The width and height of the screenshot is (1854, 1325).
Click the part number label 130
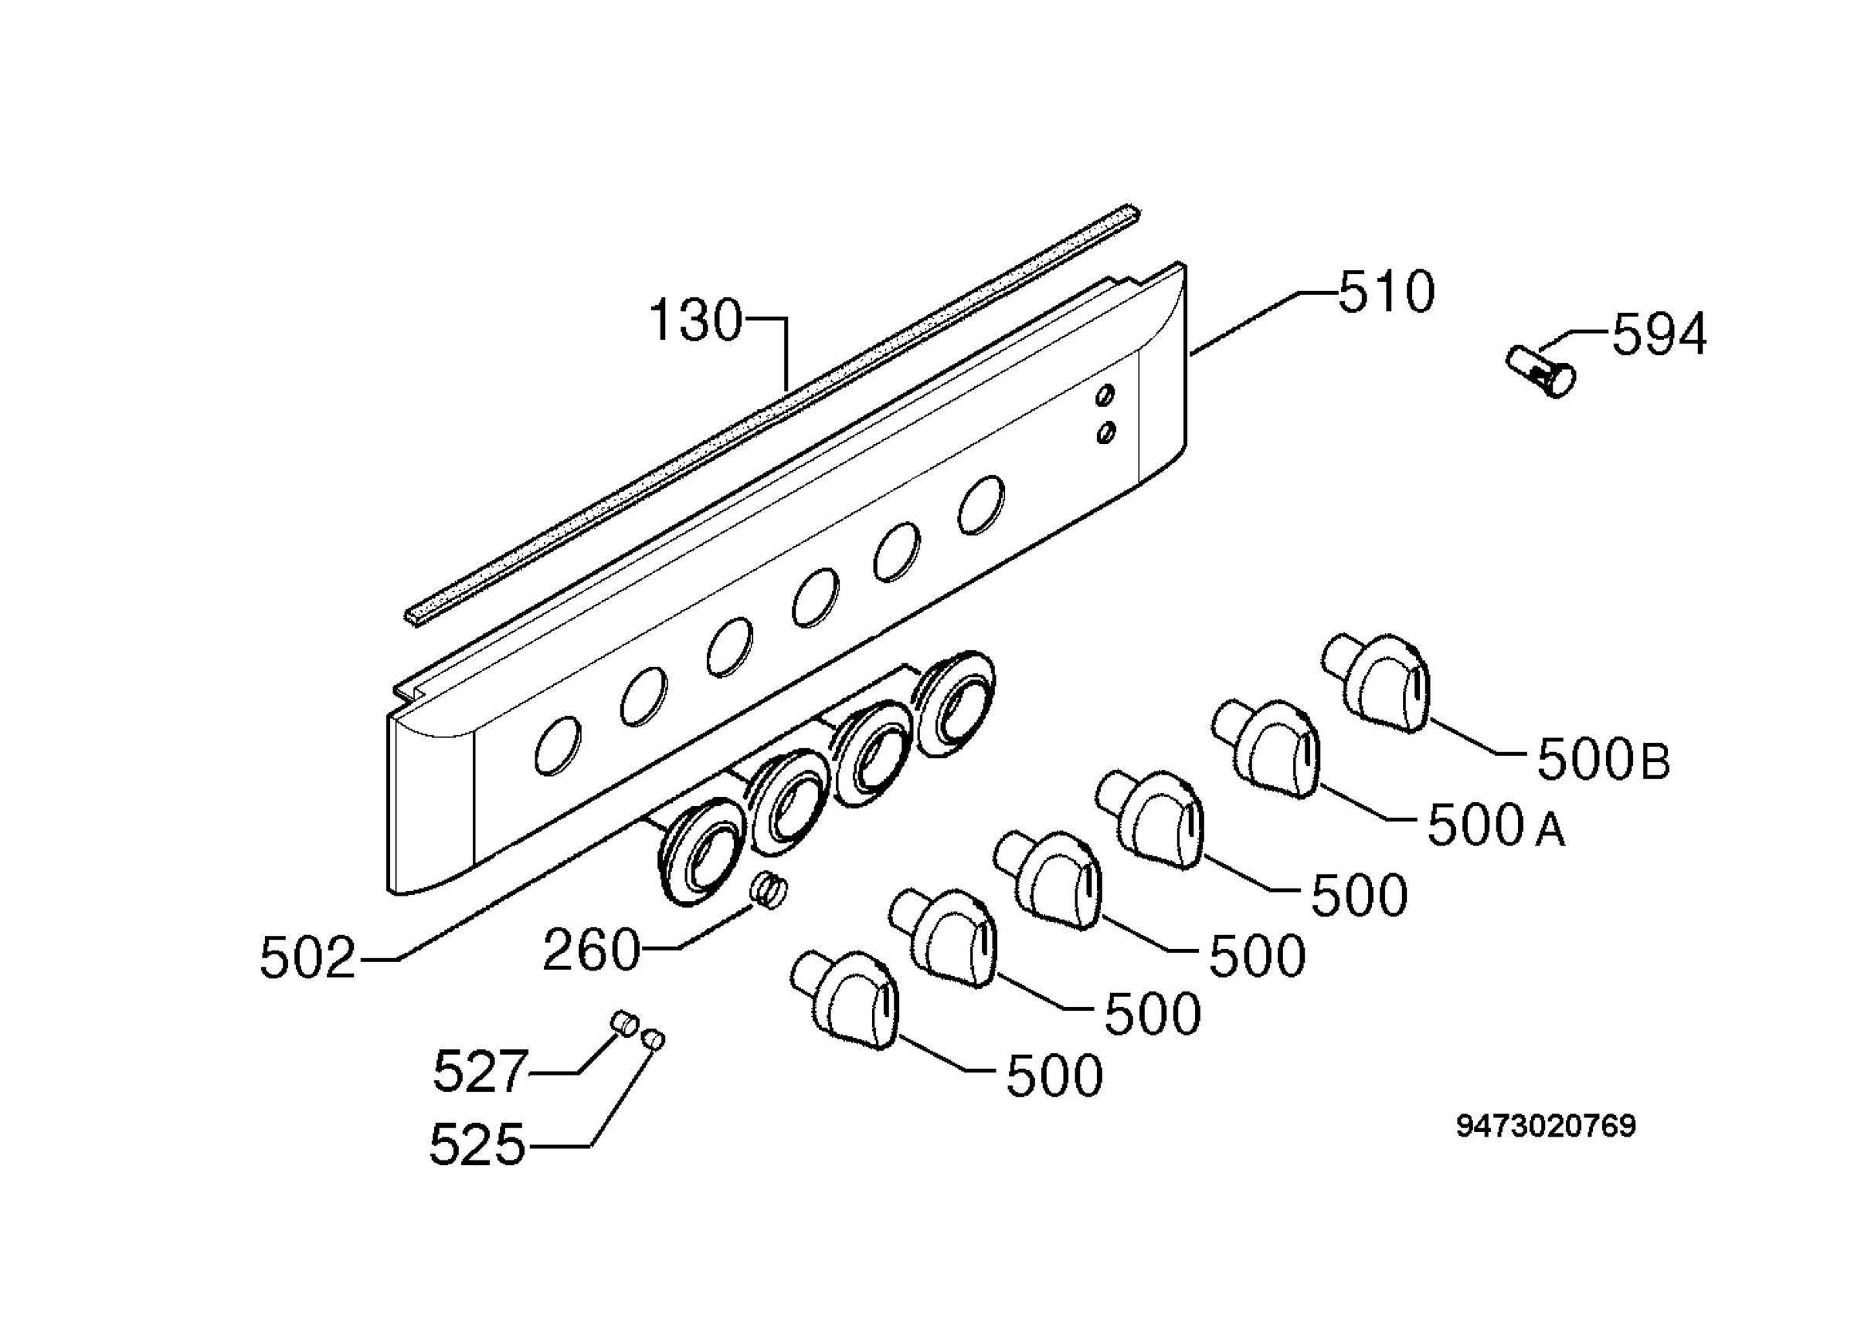[696, 320]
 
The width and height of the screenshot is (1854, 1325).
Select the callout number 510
[1386, 292]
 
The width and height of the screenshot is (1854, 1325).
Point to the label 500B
[1604, 760]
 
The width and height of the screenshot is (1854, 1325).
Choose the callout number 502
[307, 958]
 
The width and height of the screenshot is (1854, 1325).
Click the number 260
[591, 951]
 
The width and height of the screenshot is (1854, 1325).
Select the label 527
[480, 1071]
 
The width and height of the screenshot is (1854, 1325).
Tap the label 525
[477, 1144]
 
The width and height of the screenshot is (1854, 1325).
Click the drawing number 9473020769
[1546, 1127]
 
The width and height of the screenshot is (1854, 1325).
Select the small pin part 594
[1540, 372]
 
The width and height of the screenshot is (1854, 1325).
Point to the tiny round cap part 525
[654, 1040]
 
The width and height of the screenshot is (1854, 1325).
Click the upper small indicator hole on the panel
[1105, 395]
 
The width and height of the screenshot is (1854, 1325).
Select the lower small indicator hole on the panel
[1106, 432]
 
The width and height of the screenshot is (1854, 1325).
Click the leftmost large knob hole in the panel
[559, 746]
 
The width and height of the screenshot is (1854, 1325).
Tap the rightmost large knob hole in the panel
[981, 505]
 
